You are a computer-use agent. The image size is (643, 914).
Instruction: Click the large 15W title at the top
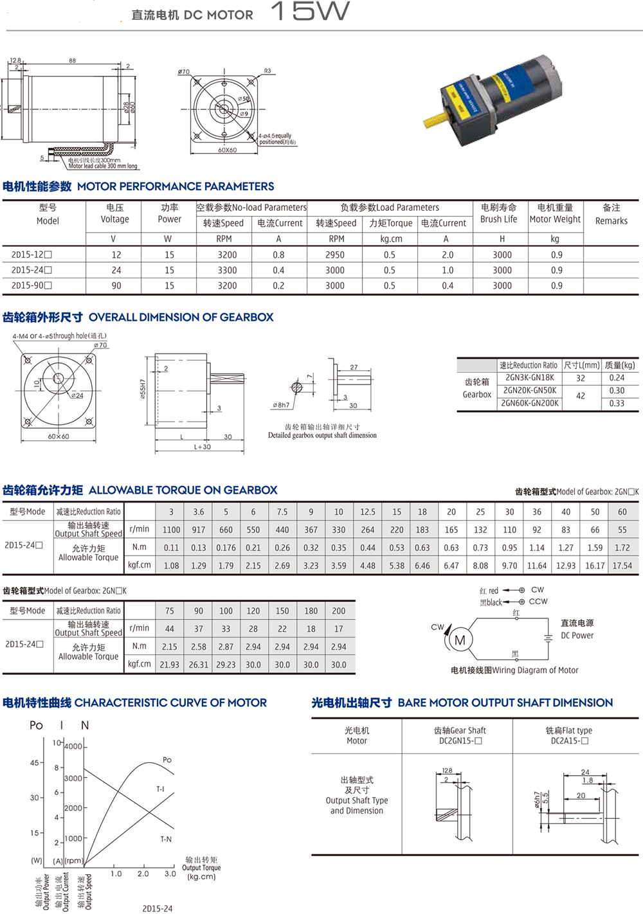pos(310,12)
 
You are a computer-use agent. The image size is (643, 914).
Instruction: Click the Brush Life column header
pos(498,213)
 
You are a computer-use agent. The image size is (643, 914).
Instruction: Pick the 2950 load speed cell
pos(335,255)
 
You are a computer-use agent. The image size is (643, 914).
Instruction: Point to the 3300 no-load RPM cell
pos(227,271)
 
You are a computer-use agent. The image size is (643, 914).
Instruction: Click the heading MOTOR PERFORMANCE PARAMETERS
pos(176,186)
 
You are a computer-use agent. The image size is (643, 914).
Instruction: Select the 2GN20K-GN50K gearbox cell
pos(529,390)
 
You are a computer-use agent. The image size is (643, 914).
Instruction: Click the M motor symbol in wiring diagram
pos(460,640)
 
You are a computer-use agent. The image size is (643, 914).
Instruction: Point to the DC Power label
pos(577,635)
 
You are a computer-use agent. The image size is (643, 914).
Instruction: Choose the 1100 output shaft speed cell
pos(171,530)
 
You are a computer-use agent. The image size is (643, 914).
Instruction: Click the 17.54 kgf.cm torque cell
pos(622,566)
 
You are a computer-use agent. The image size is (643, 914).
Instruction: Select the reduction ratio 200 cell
pos(338,611)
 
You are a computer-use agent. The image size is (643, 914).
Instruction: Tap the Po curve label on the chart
pos(167,760)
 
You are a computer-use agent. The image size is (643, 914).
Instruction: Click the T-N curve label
pos(166,839)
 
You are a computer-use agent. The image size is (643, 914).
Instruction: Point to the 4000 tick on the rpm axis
pos(73,746)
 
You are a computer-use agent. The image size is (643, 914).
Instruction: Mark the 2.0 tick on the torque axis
pos(143,874)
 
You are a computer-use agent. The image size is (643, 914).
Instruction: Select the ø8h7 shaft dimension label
pos(281,405)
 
